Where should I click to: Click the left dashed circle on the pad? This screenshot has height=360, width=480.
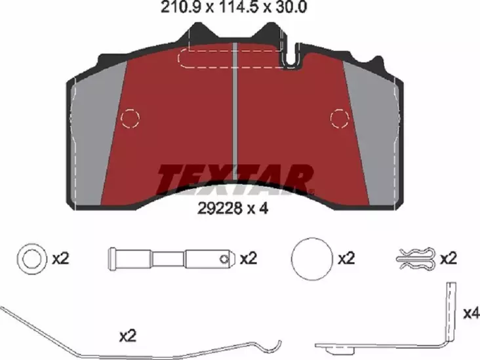pyautogui.click(x=131, y=118)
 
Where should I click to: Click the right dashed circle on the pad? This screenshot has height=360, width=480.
pyautogui.click(x=339, y=118)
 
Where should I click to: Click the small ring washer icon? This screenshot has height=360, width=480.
pyautogui.click(x=30, y=258)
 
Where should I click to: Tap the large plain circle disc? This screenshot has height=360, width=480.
pyautogui.click(x=311, y=258)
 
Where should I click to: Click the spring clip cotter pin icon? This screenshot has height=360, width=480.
pyautogui.click(x=416, y=258)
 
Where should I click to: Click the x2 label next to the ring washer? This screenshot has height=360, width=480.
pyautogui.click(x=60, y=258)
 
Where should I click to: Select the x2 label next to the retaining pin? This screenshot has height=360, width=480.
pyautogui.click(x=249, y=258)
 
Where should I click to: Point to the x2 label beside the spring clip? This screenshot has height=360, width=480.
pyautogui.click(x=449, y=258)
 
